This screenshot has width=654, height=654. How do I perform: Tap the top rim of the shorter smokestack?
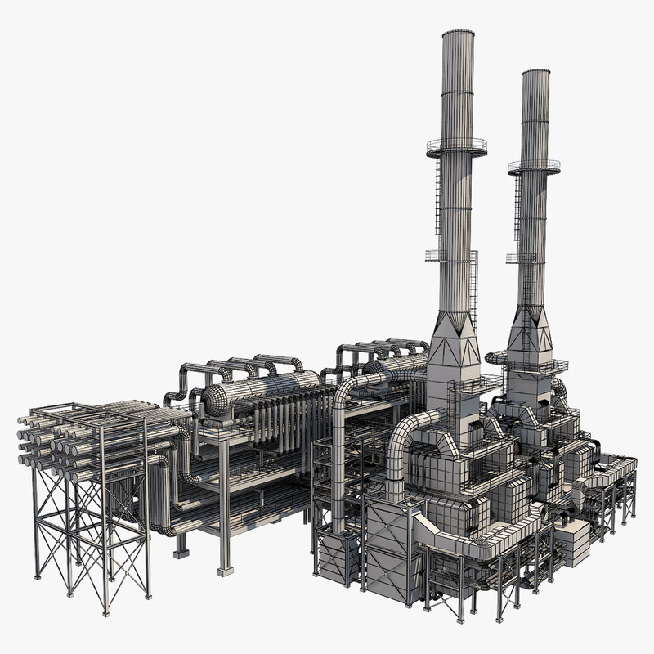pyautogui.click(x=535, y=73)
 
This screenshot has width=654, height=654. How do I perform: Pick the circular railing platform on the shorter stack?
pyautogui.click(x=533, y=168)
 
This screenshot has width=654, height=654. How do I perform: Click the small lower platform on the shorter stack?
pyautogui.click(x=520, y=258)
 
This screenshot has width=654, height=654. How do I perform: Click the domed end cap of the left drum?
pyautogui.click(x=214, y=401)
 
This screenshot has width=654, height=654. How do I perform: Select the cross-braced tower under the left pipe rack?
pyautogui.click(x=90, y=531)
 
